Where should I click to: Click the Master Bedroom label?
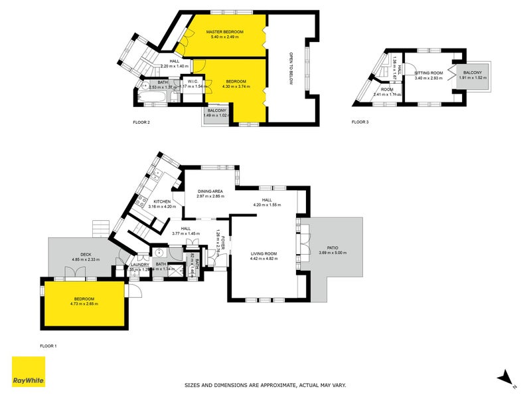[225, 32]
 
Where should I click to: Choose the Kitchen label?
[163, 201]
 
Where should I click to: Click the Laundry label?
[139, 265]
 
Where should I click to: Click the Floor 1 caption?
[49, 346]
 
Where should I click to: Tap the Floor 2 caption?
[141, 122]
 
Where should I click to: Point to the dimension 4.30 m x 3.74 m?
[236, 86]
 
